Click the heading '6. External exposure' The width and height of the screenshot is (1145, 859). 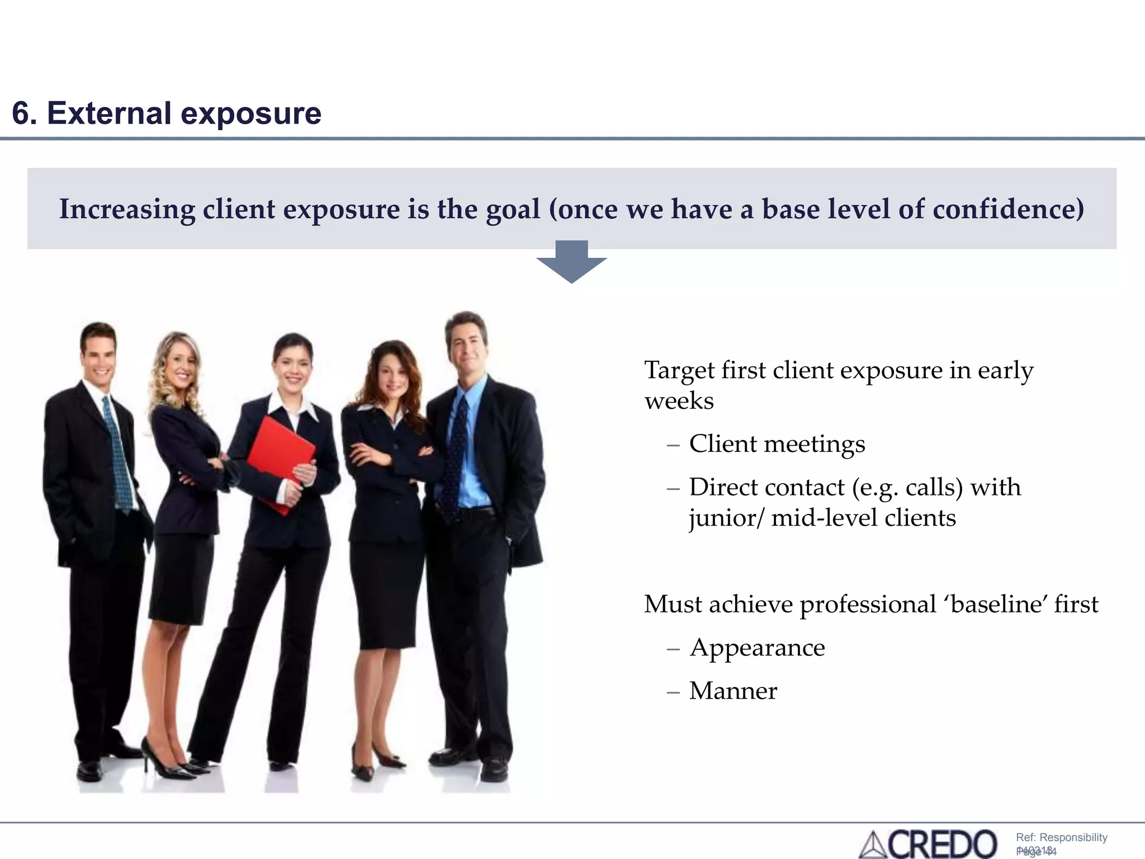(x=167, y=113)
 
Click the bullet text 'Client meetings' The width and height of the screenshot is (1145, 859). (x=777, y=444)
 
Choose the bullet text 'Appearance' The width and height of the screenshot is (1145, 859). (x=757, y=648)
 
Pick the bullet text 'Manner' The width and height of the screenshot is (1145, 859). (x=733, y=691)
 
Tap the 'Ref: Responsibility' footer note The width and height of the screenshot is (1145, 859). (x=1061, y=837)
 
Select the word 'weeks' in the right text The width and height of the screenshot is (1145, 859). (x=679, y=401)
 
